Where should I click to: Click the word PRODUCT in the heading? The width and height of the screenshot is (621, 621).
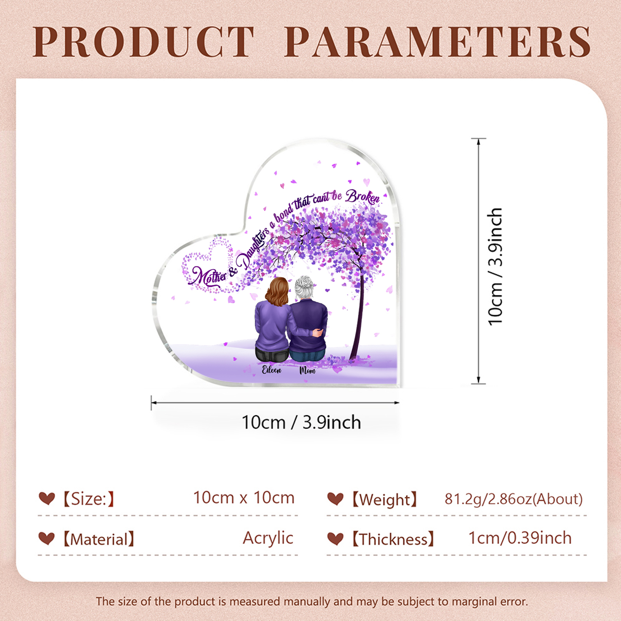point(144,42)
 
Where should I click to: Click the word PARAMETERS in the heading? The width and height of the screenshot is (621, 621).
point(438,42)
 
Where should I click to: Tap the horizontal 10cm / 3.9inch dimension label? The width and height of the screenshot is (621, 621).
point(301,422)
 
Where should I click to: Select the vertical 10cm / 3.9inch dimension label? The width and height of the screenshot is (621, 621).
point(495,267)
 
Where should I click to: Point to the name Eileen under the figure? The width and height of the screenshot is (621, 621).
point(271,369)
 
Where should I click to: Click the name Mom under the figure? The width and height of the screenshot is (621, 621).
point(307,370)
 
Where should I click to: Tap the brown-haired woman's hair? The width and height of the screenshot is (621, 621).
point(277,291)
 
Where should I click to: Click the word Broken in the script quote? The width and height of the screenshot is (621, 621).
point(363,197)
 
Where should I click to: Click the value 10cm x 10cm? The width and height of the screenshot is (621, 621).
point(244,498)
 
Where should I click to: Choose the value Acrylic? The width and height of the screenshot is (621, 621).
point(268,538)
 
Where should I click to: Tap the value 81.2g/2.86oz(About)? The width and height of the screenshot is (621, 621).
point(513,499)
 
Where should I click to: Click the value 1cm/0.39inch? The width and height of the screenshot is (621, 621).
point(520,538)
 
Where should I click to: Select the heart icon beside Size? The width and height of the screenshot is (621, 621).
point(47,498)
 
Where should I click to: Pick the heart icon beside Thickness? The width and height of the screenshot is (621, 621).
point(335,539)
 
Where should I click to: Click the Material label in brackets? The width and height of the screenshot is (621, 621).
point(99,539)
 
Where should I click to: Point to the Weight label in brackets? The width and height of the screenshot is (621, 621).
point(385,500)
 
